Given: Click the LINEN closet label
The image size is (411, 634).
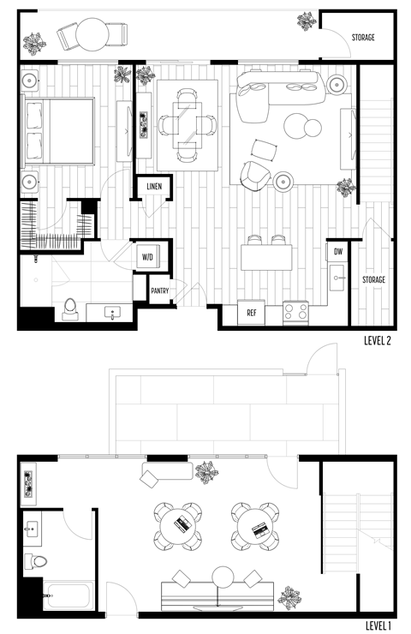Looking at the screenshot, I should tap(154, 186).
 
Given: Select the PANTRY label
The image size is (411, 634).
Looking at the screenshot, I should tap(160, 290).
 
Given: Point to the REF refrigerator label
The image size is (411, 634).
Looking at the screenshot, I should tap(252, 314).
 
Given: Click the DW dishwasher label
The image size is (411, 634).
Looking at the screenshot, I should tap(337, 252).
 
